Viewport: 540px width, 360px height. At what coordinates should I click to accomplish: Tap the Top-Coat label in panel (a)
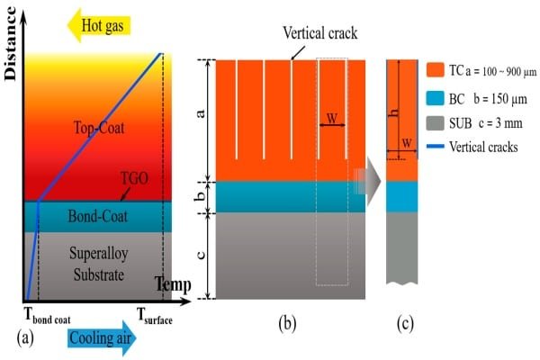coord(100,129)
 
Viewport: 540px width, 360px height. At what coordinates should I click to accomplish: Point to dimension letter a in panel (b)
coord(201,114)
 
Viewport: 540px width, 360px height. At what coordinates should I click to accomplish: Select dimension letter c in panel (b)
coord(201,255)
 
